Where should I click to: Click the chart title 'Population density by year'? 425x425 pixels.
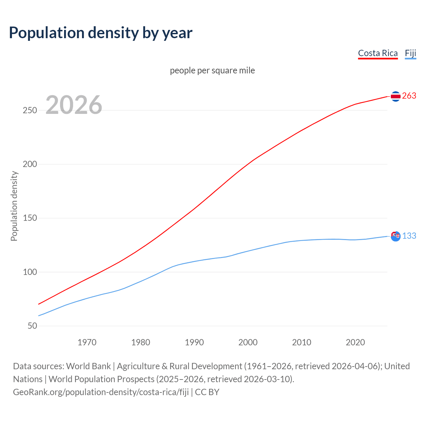(101, 33)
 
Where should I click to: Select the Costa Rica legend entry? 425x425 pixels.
(378, 53)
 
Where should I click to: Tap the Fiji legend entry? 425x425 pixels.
(410, 53)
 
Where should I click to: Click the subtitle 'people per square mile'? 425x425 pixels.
(212, 70)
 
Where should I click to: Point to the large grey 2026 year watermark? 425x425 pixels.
(74, 105)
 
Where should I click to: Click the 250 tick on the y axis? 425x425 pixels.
(30, 110)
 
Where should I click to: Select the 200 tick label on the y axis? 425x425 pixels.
(30, 164)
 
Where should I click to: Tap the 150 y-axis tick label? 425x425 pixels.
(30, 218)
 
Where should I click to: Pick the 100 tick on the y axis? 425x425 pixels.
(30, 272)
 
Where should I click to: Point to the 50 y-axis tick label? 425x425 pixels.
(32, 326)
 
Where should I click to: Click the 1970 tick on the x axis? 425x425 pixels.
(87, 342)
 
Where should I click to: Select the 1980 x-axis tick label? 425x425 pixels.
(141, 342)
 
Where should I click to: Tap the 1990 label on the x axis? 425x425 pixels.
(194, 342)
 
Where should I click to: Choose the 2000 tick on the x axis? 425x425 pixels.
(248, 342)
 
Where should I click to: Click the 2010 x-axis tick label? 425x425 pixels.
(301, 342)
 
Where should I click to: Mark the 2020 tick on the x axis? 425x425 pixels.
(355, 342)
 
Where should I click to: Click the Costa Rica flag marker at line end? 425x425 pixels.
(395, 96)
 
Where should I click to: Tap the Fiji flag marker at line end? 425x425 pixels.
(395, 236)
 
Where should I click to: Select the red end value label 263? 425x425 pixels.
(409, 96)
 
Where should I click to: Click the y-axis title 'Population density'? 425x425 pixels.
(14, 206)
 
